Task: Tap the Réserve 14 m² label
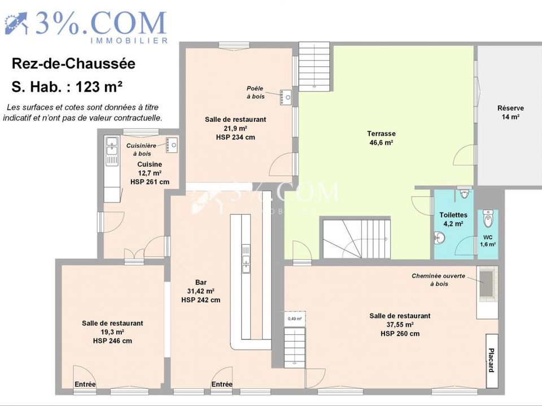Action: pyautogui.click(x=510, y=112)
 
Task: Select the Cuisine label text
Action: pyautogui.click(x=150, y=164)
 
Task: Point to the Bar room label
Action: pyautogui.click(x=201, y=282)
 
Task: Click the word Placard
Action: pyautogui.click(x=491, y=360)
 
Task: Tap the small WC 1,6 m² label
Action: pyautogui.click(x=488, y=241)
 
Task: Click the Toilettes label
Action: pyautogui.click(x=453, y=215)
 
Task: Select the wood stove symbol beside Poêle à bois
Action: pyautogui.click(x=286, y=98)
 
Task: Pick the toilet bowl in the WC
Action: pyautogui.click(x=488, y=218)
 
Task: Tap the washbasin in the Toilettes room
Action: pyautogui.click(x=439, y=237)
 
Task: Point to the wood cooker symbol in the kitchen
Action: pyautogui.click(x=172, y=145)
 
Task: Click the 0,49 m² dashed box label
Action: pyautogui.click(x=295, y=319)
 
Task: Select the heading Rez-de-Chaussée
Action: pyautogui.click(x=73, y=64)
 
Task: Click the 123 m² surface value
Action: pyautogui.click(x=99, y=87)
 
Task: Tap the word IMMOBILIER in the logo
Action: pyautogui.click(x=129, y=41)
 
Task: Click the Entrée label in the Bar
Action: pyautogui.click(x=222, y=384)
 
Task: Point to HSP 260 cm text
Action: pyautogui.click(x=400, y=333)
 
